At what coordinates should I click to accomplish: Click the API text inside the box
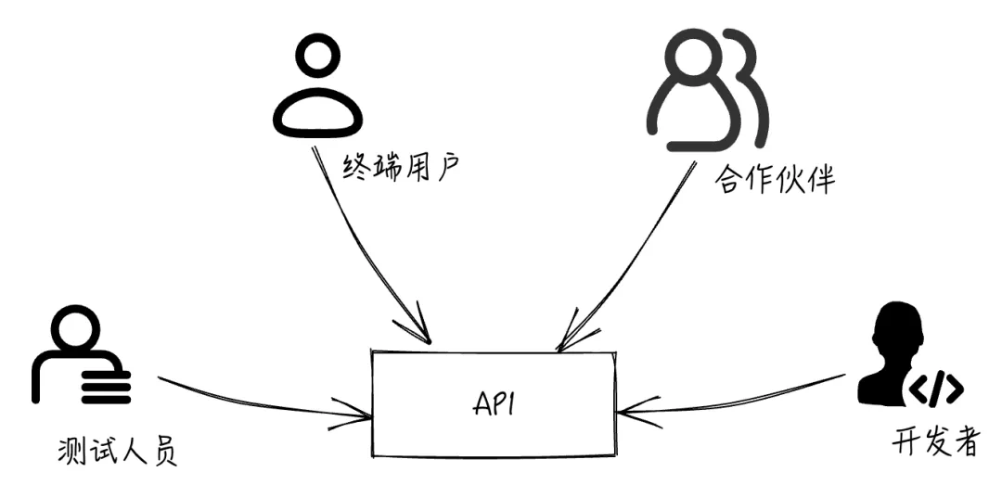494,405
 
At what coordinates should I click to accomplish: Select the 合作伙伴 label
775,178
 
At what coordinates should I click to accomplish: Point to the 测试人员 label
116,453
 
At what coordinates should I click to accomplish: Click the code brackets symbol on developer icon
934,389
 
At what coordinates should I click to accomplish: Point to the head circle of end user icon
317,59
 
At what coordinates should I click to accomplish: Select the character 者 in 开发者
965,441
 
